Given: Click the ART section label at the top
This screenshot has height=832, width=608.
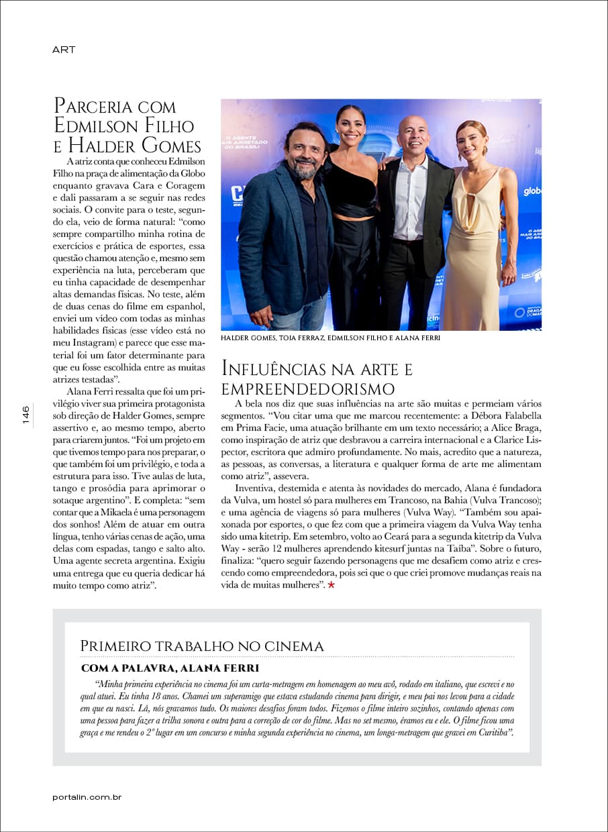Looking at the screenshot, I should [64, 50].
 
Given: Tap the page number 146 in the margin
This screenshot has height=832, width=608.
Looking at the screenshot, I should [26, 415].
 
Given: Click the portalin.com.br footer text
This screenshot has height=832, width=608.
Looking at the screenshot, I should [87, 797].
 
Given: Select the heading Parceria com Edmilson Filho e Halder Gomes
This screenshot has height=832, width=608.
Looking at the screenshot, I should [127, 126].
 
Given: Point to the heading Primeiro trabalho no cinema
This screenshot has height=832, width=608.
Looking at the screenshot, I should [202, 646].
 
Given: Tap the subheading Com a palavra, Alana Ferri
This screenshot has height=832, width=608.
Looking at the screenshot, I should [170, 668].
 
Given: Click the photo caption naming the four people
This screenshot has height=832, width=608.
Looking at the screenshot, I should [330, 338].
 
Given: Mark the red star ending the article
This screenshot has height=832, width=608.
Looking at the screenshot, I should [331, 586].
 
